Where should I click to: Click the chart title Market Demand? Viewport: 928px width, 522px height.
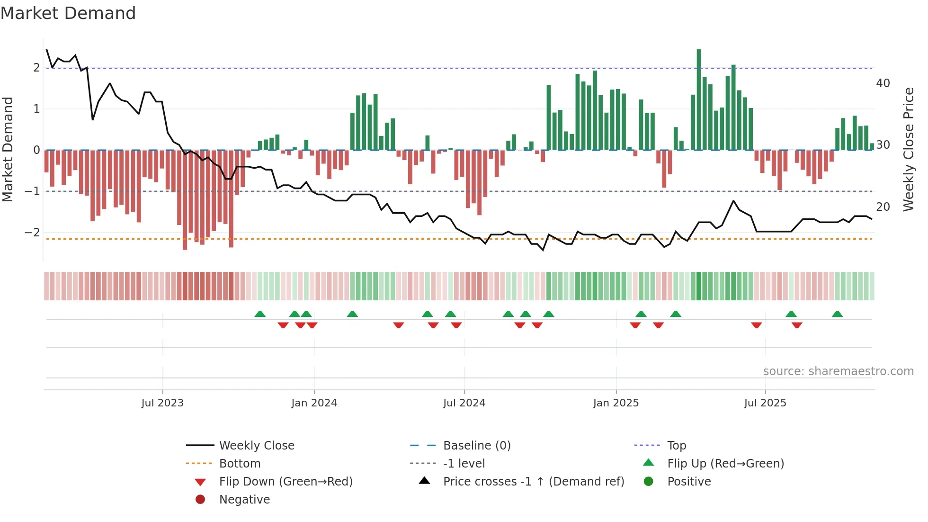click(x=68, y=13)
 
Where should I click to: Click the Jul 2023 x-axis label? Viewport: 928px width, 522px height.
click(x=162, y=403)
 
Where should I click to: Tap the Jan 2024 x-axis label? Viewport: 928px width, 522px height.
click(x=314, y=403)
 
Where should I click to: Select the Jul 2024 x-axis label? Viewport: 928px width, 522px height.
click(x=464, y=403)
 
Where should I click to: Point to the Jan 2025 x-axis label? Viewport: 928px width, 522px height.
click(x=616, y=403)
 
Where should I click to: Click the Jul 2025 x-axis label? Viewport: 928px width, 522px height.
click(x=765, y=403)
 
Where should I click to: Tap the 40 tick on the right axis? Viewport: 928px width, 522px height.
click(x=883, y=83)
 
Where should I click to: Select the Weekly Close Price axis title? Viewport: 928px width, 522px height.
click(x=908, y=149)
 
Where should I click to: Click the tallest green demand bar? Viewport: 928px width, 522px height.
click(x=698, y=99)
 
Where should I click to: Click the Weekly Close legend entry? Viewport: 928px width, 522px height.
click(x=256, y=446)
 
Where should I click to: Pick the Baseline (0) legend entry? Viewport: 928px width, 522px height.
click(x=476, y=446)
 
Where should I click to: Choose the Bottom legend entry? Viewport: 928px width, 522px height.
click(x=240, y=464)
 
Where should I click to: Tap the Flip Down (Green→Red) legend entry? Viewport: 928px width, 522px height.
click(x=286, y=482)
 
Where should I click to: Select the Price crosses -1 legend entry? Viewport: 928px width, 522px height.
click(x=533, y=482)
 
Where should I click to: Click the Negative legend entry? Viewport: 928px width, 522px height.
click(x=244, y=500)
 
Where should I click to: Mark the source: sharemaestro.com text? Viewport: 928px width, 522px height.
click(x=838, y=371)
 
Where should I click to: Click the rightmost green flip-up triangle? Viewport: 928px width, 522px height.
click(x=837, y=314)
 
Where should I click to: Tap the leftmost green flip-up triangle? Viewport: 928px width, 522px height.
click(x=260, y=314)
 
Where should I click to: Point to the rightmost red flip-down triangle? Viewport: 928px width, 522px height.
click(x=797, y=325)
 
